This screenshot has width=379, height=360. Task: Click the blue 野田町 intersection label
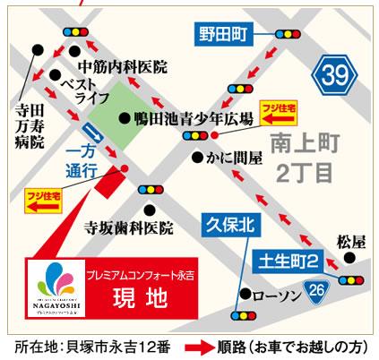220,36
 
